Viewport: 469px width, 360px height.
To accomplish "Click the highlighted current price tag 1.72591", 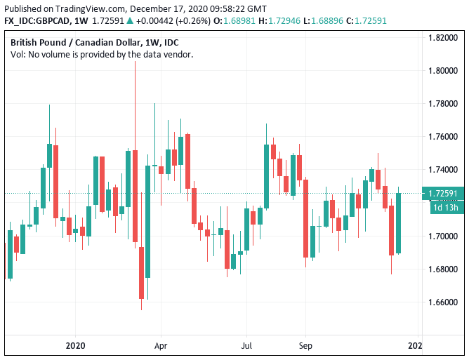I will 443,194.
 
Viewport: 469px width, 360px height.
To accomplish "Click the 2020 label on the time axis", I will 74,345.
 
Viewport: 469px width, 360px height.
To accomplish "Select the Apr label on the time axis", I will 161,345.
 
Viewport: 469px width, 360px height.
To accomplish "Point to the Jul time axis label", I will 246,345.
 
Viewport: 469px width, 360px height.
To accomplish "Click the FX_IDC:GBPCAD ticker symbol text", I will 35,22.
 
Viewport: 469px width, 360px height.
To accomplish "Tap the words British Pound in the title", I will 35,42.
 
